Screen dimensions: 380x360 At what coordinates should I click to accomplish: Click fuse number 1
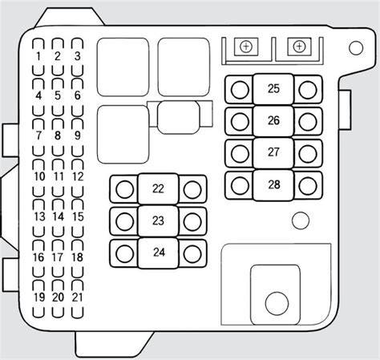38,57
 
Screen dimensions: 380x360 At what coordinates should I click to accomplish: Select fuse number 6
77,95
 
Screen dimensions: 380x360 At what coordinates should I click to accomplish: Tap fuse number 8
58,136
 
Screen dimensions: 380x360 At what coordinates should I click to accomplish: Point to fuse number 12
78,176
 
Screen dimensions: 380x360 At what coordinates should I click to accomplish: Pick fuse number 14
58,216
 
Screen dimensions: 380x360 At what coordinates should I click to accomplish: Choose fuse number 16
38,257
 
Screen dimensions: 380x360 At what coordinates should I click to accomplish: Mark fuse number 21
78,297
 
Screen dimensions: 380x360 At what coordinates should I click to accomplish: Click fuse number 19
38,297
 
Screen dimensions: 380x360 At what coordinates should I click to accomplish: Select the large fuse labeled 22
158,189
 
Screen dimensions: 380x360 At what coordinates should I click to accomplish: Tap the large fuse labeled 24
158,253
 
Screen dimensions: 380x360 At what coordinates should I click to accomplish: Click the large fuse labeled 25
273,89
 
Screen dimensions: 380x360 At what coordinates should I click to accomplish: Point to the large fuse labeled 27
273,153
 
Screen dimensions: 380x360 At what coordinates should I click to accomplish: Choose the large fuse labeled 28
273,185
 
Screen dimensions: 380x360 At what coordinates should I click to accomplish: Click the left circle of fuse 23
125,221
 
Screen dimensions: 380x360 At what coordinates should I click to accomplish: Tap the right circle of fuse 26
308,121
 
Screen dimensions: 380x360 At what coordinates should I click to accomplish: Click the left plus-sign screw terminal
246,47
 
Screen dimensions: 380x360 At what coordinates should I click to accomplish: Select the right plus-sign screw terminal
299,47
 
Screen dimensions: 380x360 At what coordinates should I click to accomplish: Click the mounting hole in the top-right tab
356,48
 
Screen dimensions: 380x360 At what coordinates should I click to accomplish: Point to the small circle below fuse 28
301,220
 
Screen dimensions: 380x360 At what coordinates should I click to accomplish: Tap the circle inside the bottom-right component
277,303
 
